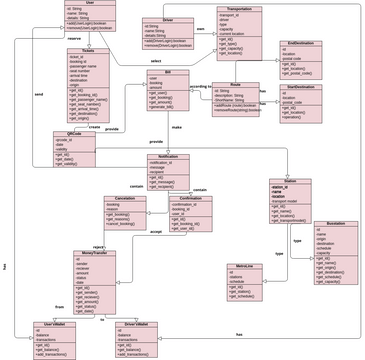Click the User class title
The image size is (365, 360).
(90, 3)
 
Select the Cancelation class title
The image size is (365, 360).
(125, 199)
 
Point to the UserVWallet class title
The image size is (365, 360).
(54, 324)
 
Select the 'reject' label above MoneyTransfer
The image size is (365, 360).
(99, 245)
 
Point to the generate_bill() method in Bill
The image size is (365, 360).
(165, 106)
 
